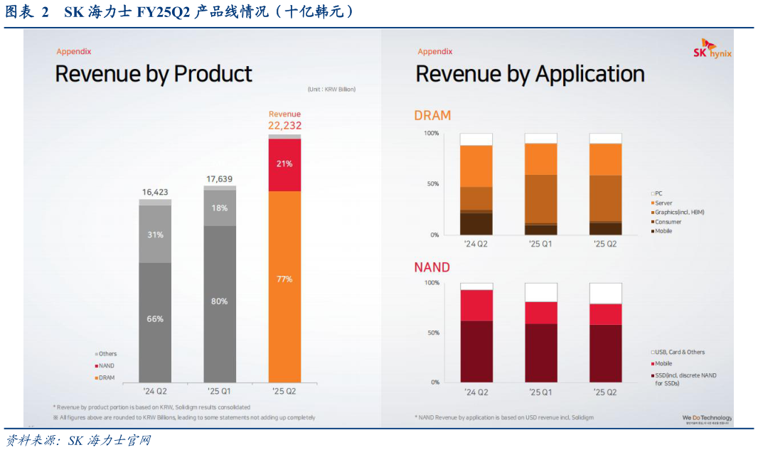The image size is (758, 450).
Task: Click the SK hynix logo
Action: (x=712, y=49)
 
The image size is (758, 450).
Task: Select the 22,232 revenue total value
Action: (x=284, y=125)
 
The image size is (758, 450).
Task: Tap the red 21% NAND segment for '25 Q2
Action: (x=284, y=164)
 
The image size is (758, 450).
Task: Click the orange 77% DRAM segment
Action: (x=284, y=279)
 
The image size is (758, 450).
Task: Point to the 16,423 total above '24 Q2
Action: (x=154, y=192)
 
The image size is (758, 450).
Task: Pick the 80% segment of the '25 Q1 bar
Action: (x=219, y=301)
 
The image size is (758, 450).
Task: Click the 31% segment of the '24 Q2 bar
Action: (x=155, y=235)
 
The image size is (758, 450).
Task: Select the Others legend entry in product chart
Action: (x=107, y=354)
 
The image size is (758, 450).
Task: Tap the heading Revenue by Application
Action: (x=530, y=74)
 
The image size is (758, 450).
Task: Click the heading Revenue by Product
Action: (x=154, y=74)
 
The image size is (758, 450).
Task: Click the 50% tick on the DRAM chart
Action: (x=432, y=184)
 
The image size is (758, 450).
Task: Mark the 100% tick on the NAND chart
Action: (x=432, y=283)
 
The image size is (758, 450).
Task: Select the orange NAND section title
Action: (x=432, y=267)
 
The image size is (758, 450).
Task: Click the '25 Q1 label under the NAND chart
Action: (x=540, y=392)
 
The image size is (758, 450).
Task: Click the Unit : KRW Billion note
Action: (x=331, y=90)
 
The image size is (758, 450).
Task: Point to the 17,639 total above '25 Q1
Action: (x=219, y=179)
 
